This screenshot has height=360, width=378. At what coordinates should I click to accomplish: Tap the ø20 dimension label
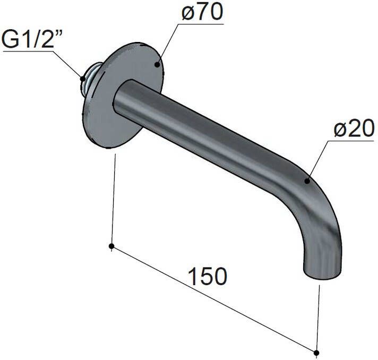pos(354,128)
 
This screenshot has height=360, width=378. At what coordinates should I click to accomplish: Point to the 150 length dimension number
pos(208,276)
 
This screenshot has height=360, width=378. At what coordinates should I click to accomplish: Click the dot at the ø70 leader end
pos(157,64)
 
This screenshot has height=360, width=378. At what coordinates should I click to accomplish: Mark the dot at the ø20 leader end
pos(307,181)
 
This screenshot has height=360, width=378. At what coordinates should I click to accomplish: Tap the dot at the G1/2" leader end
pos(83,79)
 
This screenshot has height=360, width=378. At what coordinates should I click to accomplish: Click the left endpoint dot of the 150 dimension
pos(111,246)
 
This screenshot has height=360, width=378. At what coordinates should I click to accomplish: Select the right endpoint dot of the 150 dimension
pos(316,352)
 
